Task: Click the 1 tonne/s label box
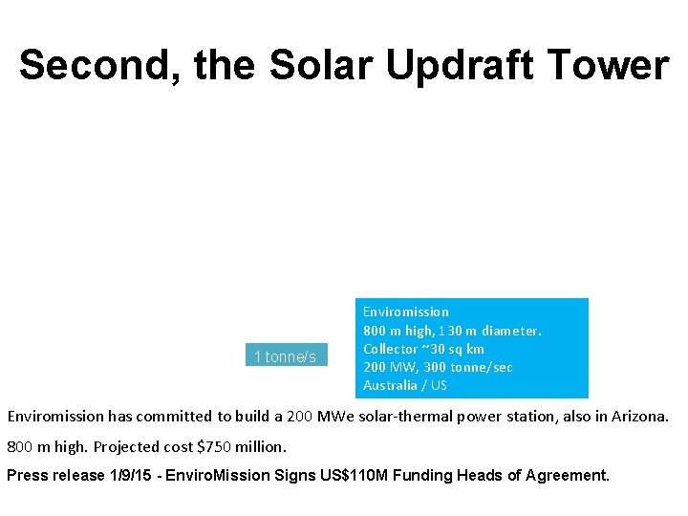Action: point(286,356)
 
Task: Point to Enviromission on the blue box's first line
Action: point(405,312)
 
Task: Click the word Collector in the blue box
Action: point(390,349)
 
